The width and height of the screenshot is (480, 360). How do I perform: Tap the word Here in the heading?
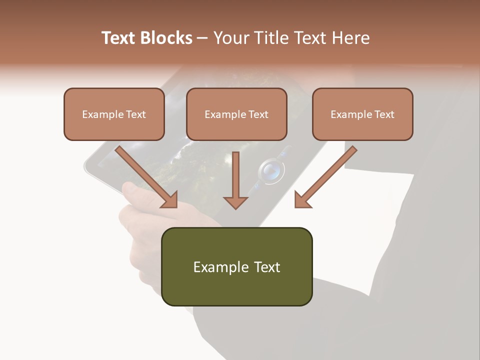[352, 38]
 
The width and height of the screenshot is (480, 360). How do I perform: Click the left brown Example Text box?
[114, 114]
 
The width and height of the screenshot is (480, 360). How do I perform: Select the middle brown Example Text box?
[236, 114]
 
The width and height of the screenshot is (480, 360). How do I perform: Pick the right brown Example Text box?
[362, 114]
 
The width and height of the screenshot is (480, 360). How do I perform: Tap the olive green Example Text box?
[236, 266]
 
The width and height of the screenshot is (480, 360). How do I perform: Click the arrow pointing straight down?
[235, 180]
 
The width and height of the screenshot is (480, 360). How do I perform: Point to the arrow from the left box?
[147, 177]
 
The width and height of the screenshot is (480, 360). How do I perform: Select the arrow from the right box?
[325, 177]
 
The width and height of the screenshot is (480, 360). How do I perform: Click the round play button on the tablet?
[271, 171]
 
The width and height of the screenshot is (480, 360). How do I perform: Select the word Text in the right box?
[384, 114]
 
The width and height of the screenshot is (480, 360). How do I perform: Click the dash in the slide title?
[202, 38]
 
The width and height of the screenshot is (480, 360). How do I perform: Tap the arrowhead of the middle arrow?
[235, 201]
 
